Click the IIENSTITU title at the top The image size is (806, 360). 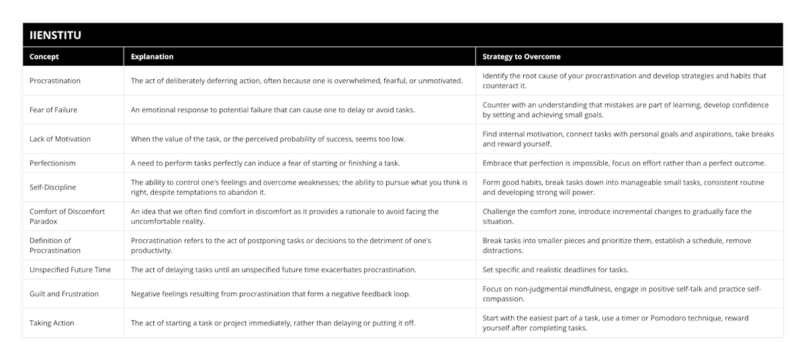point(55,35)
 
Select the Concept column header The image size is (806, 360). point(44,56)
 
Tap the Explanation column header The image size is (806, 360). point(152,56)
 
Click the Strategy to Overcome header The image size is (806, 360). point(521,56)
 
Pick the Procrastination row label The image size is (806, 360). point(55,81)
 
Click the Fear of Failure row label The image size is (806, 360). point(54,109)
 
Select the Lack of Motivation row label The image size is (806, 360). point(60,139)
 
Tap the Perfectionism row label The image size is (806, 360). point(52,163)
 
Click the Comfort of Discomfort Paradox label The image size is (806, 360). point(67,216)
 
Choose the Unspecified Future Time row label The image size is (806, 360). point(70,270)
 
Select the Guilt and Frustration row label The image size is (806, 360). point(64,294)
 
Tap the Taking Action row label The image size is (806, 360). point(52,323)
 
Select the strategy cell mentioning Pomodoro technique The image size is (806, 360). point(615,323)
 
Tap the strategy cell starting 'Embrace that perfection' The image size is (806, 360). point(623,163)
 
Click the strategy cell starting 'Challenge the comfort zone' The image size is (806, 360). point(617,216)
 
